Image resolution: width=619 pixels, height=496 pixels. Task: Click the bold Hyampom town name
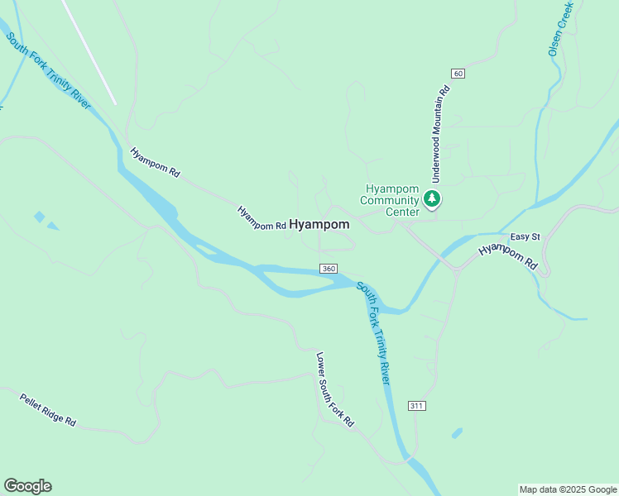[319, 224]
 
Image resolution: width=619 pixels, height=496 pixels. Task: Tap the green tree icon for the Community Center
[431, 198]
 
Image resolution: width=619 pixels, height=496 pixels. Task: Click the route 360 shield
[329, 269]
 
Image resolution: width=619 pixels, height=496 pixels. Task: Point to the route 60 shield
[458, 74]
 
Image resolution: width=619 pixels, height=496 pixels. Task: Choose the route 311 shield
[416, 406]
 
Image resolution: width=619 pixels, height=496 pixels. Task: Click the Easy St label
[525, 237]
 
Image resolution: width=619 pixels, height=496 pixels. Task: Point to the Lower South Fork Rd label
[335, 389]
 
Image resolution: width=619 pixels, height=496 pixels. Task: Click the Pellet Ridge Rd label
[48, 409]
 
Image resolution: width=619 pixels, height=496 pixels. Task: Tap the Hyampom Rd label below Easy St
[509, 258]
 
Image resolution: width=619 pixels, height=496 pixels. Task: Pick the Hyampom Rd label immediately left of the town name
[262, 218]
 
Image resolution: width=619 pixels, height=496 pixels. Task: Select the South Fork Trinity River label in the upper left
[49, 71]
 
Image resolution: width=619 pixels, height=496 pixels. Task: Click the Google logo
[27, 486]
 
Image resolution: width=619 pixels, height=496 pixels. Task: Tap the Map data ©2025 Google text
[569, 489]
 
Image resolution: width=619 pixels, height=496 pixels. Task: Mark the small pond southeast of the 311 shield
[457, 432]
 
